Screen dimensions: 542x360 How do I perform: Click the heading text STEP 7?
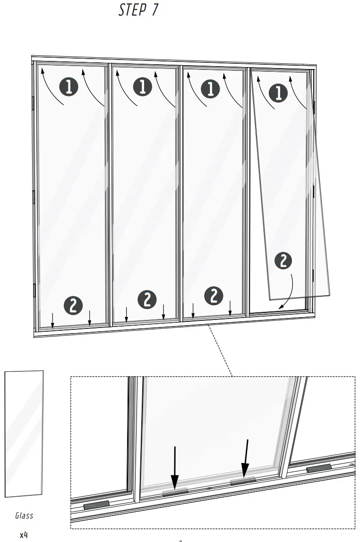(x=138, y=10)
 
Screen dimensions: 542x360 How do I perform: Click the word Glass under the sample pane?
(x=24, y=516)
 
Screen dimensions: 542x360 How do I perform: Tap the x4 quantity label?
(x=24, y=535)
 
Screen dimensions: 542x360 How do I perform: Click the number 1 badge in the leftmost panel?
(x=69, y=87)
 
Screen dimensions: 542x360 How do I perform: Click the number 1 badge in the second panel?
(x=143, y=87)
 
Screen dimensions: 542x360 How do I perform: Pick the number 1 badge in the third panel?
(x=211, y=89)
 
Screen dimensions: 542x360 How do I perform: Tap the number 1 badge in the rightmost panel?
(x=278, y=92)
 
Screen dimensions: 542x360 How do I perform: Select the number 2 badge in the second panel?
(x=147, y=299)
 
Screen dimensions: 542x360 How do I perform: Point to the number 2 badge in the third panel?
(x=214, y=295)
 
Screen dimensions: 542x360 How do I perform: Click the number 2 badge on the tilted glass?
(x=283, y=261)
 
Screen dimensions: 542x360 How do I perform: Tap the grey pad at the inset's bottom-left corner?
(x=96, y=505)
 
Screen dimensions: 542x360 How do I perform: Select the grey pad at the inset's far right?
(x=319, y=468)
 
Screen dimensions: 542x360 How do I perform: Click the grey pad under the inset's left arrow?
(x=175, y=492)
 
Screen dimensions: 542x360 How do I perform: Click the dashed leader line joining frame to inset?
(x=220, y=351)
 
